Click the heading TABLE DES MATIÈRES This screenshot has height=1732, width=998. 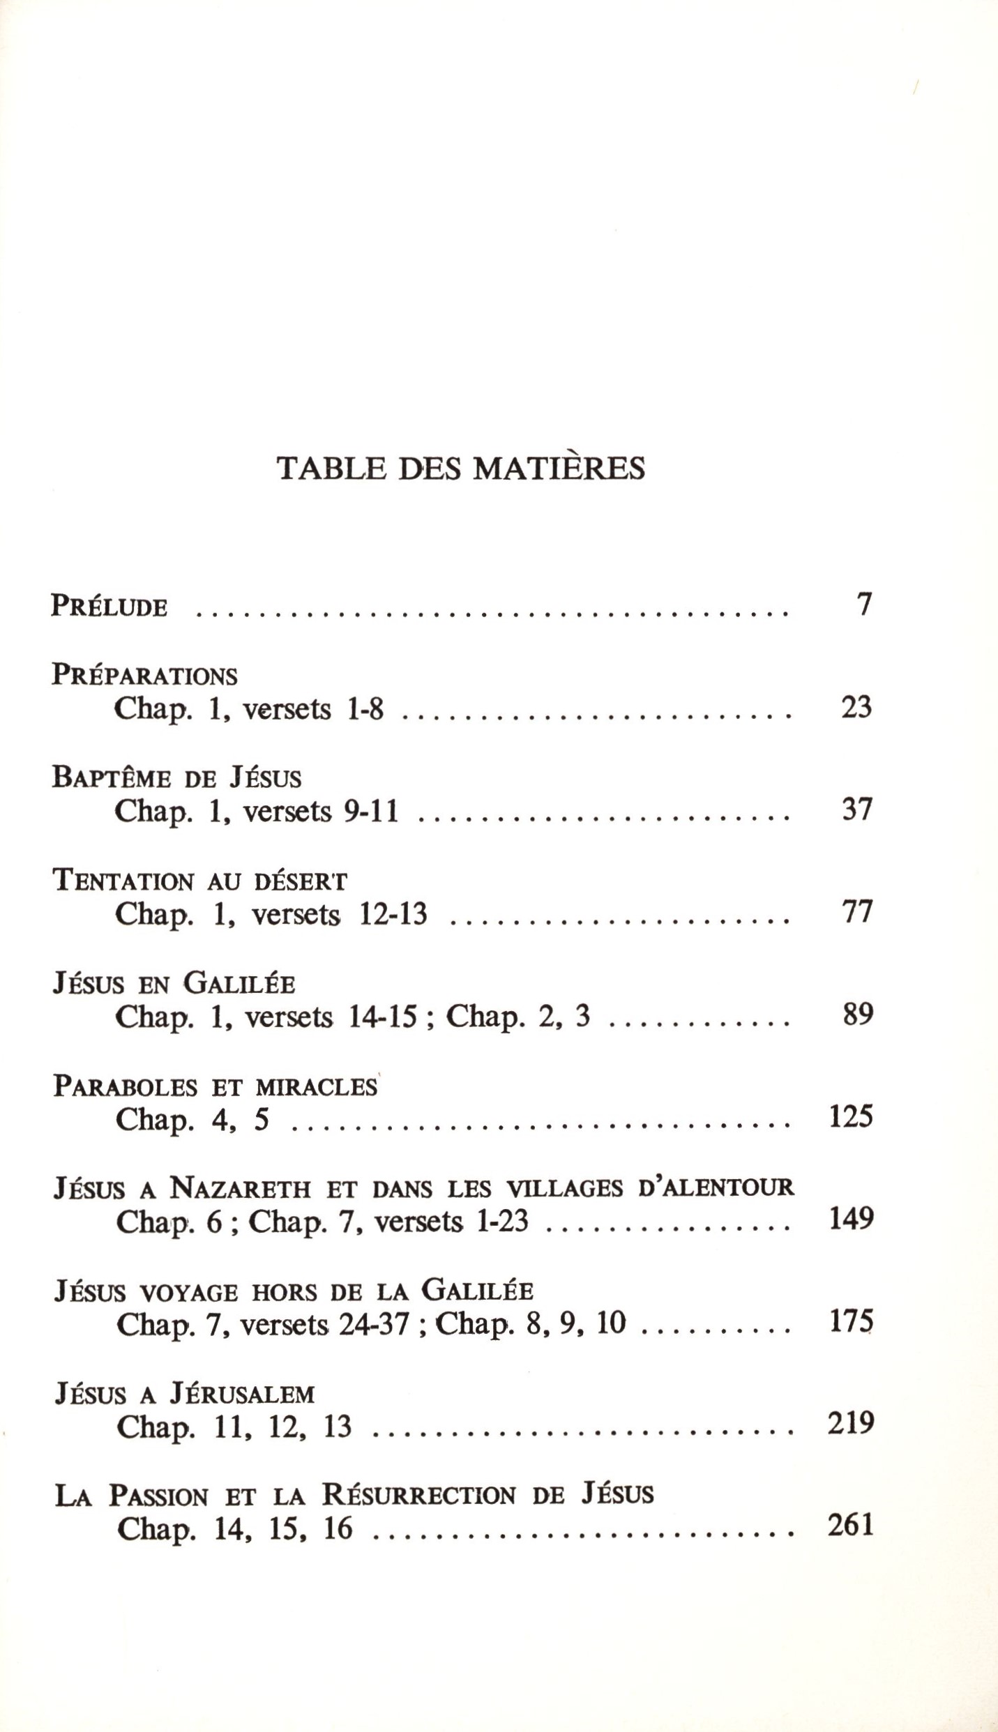(x=461, y=469)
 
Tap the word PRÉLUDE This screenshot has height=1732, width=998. (x=109, y=606)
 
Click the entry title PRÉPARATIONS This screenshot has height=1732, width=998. (x=145, y=675)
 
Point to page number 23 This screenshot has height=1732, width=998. (x=856, y=707)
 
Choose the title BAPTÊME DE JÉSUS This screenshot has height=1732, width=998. (x=176, y=777)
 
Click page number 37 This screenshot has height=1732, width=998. (x=857, y=810)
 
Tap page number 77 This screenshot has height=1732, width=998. (x=857, y=912)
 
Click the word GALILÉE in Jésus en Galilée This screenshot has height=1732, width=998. (x=239, y=983)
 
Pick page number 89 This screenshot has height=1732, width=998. (x=857, y=1015)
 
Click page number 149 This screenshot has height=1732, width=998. (x=851, y=1220)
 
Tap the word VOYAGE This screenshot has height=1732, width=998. (x=188, y=1292)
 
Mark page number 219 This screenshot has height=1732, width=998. (x=851, y=1424)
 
